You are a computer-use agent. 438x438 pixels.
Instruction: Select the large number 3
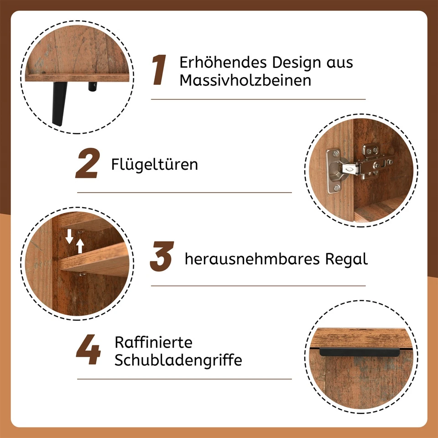162,258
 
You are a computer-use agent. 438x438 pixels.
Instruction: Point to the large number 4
88,351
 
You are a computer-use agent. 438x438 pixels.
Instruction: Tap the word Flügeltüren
155,164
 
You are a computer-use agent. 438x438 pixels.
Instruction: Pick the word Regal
346,259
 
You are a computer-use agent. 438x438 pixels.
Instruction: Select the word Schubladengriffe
178,360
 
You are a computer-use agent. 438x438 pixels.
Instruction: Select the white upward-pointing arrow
80,246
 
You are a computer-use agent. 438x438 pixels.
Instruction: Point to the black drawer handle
347,351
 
